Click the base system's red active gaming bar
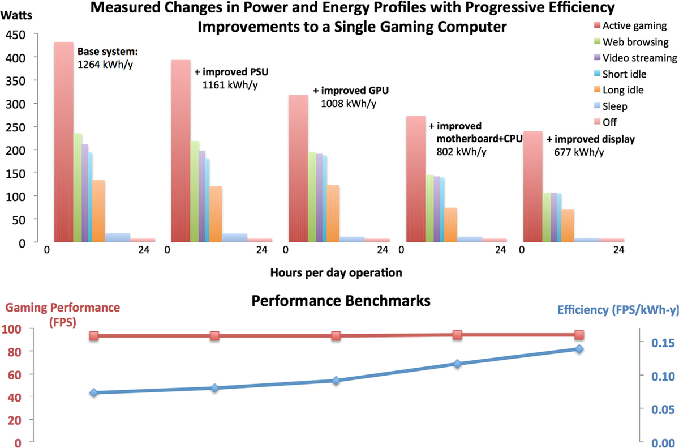coord(63,142)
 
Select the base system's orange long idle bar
coord(98,211)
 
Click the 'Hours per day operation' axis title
coord(336,272)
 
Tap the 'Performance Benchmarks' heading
coord(341,300)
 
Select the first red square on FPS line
coord(93,336)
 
